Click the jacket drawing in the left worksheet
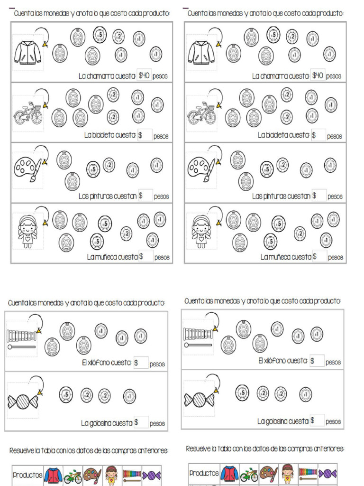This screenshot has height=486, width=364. pos(27,52)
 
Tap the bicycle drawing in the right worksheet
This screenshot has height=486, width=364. pos(201,114)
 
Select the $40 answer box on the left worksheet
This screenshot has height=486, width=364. pos(144,75)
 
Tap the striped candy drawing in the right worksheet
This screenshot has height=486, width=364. pos(200,400)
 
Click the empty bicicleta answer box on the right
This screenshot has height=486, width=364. pos(319,135)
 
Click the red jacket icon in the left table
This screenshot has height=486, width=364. pos(53,475)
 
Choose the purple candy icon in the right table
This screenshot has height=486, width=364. pos(328,473)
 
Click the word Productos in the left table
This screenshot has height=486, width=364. pos(28,475)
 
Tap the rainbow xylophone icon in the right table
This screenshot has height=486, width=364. pos(308,473)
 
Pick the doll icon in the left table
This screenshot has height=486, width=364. pos(111,475)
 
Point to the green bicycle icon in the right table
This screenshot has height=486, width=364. pos(249,474)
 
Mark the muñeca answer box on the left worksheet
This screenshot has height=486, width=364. pos(146,257)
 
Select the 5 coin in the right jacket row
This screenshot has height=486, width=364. pos(273,34)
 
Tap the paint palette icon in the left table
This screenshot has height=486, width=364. pos(92,475)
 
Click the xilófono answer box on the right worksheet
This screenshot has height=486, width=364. pos(317,361)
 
